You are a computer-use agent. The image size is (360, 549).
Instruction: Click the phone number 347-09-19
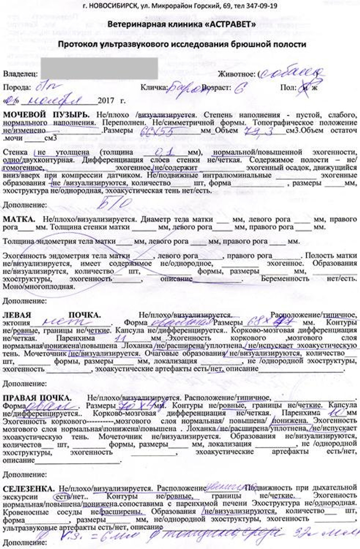[x=260, y=6]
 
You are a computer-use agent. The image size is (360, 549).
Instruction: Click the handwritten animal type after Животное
[x=292, y=72]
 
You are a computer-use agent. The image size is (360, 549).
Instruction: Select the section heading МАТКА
[x=19, y=219]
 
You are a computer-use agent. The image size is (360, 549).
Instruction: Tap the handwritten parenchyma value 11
[x=120, y=337]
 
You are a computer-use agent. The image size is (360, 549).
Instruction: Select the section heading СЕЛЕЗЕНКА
[x=29, y=488]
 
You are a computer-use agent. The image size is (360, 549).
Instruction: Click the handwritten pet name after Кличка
[x=184, y=88]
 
